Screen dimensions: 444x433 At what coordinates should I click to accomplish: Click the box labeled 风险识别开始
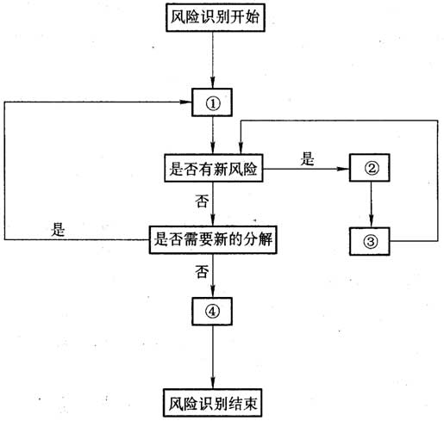coord(216,17)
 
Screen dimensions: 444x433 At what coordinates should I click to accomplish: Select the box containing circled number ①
coord(212,102)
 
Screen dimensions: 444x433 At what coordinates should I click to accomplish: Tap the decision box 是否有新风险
coord(214,168)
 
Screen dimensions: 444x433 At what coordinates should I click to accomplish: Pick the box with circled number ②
coord(370,168)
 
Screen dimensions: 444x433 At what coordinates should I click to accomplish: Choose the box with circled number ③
coord(370,241)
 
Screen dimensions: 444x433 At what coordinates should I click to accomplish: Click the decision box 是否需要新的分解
coord(213,240)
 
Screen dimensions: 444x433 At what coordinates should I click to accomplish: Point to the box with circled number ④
coord(212,312)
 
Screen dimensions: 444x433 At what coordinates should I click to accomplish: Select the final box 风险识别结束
coord(212,403)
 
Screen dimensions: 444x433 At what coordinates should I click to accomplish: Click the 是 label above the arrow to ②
coord(307,158)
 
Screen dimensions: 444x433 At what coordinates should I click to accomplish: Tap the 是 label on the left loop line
coord(58,230)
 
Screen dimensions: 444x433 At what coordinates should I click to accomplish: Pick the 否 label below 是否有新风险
coord(202,201)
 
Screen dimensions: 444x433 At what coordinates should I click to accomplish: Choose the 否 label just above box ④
coord(202,271)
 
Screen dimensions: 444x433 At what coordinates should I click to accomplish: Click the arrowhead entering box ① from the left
coord(186,102)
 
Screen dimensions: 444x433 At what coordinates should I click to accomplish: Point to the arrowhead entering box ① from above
coord(213,83)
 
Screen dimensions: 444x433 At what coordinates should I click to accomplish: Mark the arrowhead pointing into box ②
coord(343,169)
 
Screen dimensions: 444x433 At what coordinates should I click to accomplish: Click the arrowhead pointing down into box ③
coord(371,221)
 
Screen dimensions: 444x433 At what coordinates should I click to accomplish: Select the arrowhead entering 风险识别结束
coord(213,383)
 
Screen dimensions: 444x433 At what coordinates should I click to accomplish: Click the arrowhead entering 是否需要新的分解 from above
coord(213,220)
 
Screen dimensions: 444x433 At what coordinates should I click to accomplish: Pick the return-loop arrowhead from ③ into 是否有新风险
coord(241,148)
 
